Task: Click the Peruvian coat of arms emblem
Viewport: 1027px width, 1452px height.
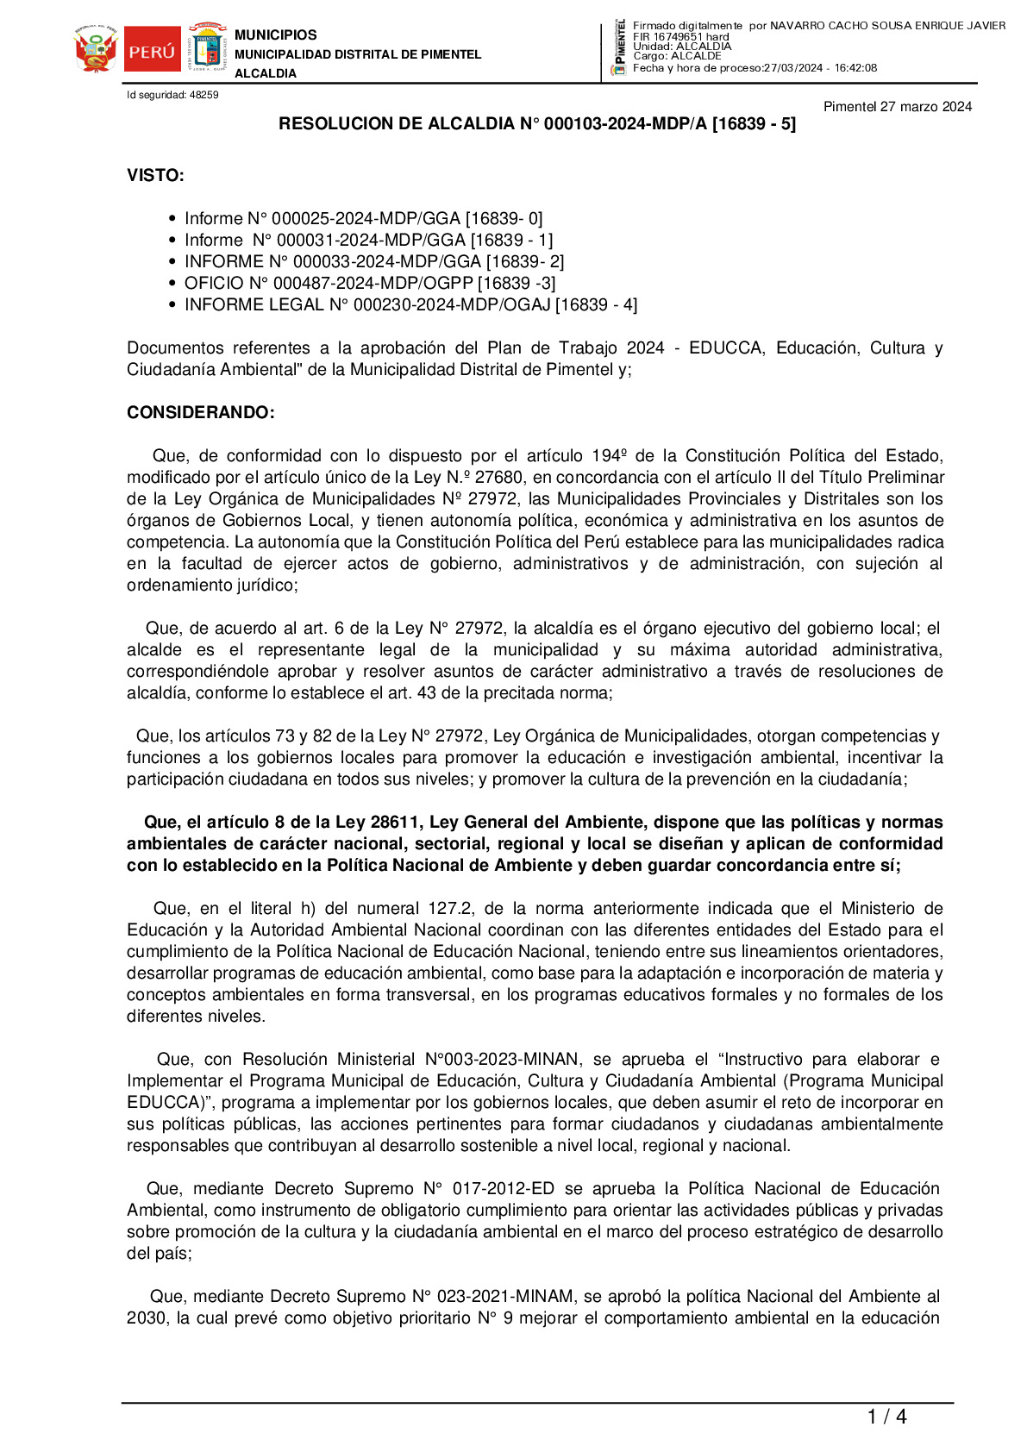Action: (x=96, y=50)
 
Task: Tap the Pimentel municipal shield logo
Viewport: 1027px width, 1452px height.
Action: (x=207, y=48)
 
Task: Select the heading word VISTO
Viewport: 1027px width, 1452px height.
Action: (x=155, y=176)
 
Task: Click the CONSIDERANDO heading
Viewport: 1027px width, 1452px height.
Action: (x=200, y=413)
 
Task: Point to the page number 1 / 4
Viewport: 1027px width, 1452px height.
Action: (x=886, y=1417)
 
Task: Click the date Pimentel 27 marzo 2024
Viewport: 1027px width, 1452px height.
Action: (x=897, y=107)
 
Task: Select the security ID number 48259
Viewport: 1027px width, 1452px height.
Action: (x=204, y=95)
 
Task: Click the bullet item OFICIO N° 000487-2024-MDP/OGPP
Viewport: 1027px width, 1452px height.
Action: (x=369, y=283)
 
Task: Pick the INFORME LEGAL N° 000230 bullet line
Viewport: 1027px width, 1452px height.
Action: (x=410, y=304)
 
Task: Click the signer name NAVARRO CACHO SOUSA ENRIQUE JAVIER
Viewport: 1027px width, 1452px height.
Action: (x=887, y=26)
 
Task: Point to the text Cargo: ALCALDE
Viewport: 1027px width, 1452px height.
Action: (x=677, y=57)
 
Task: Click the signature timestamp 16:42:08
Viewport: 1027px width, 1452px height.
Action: (x=855, y=68)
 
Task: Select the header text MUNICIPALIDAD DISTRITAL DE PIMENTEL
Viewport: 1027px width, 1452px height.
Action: (x=358, y=54)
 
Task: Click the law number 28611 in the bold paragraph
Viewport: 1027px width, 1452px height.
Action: (x=396, y=823)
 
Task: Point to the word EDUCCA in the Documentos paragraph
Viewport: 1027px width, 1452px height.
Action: (x=726, y=348)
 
